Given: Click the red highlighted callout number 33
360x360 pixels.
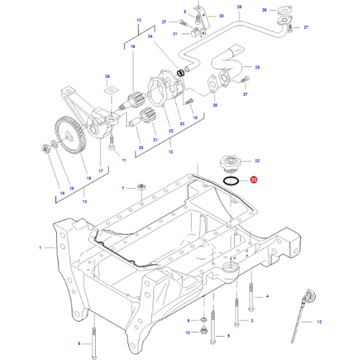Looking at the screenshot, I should click(x=254, y=181).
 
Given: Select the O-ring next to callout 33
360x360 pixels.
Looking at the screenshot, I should click(x=231, y=181).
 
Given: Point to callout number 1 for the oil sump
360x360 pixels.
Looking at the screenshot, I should click(x=40, y=246).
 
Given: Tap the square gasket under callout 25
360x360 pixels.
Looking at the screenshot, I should click(x=107, y=91).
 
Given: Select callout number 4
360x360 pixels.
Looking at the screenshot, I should click(x=267, y=296).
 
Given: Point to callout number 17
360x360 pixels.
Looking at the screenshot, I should click(x=100, y=170).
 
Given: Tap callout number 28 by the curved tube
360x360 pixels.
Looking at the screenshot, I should click(x=257, y=68).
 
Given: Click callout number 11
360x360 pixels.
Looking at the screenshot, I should click(x=124, y=160).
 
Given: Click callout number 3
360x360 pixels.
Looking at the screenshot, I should click(x=252, y=320).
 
